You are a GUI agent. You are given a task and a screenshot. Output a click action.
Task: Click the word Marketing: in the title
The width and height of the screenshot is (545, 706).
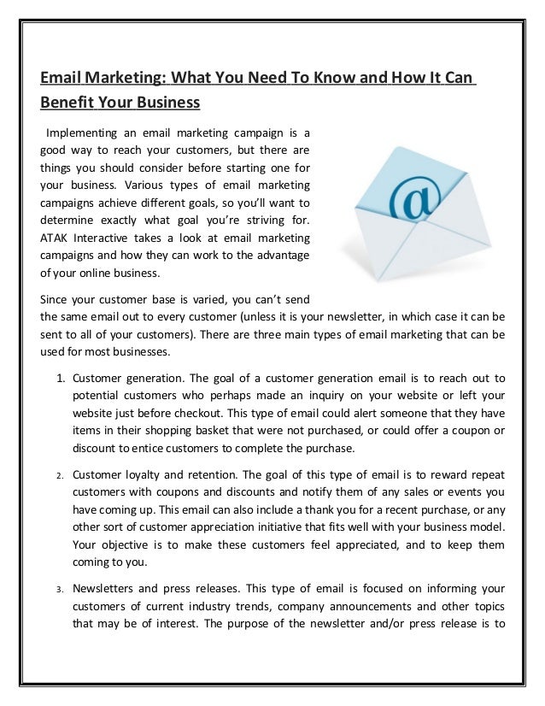pyautogui.click(x=124, y=79)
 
